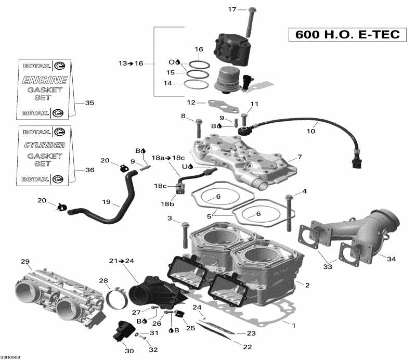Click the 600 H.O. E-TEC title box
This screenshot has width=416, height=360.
coord(348,34)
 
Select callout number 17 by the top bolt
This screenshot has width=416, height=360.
coord(232,9)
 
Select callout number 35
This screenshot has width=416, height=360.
coord(89,103)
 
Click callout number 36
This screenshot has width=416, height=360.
coord(89,170)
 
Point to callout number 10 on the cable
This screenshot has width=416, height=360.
coord(310,131)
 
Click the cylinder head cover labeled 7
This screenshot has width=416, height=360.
coord(244,157)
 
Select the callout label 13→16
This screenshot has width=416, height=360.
coord(131,63)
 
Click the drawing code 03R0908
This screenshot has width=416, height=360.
coord(12,357)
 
